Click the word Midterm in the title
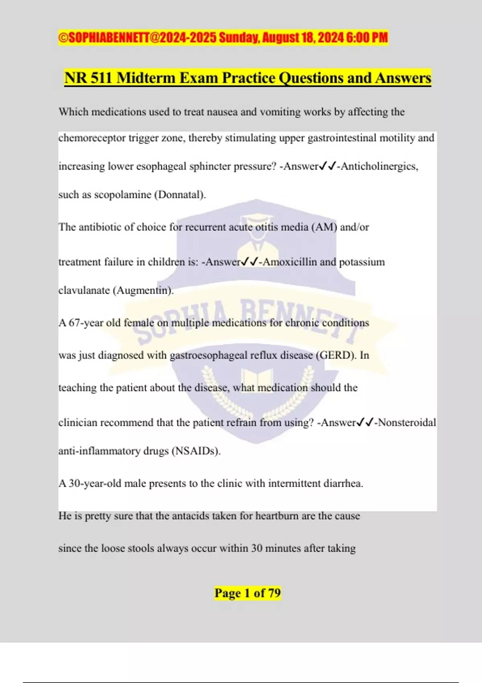pos(146,78)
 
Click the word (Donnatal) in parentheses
pos(180,195)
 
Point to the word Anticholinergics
pos(379,166)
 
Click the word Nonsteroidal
pos(407,423)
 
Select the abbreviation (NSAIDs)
pos(196,451)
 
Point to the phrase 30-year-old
pos(95,483)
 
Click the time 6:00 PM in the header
pos(367,38)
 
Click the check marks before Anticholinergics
pos(327,166)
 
